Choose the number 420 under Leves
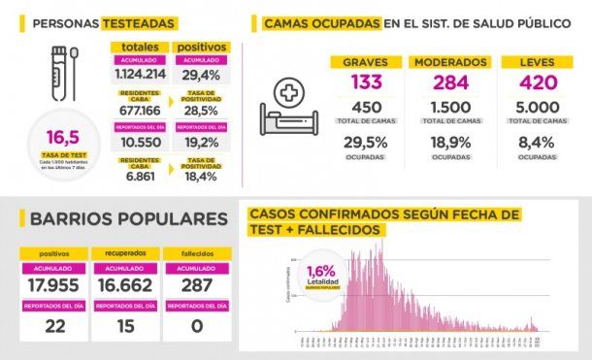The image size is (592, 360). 536,83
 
